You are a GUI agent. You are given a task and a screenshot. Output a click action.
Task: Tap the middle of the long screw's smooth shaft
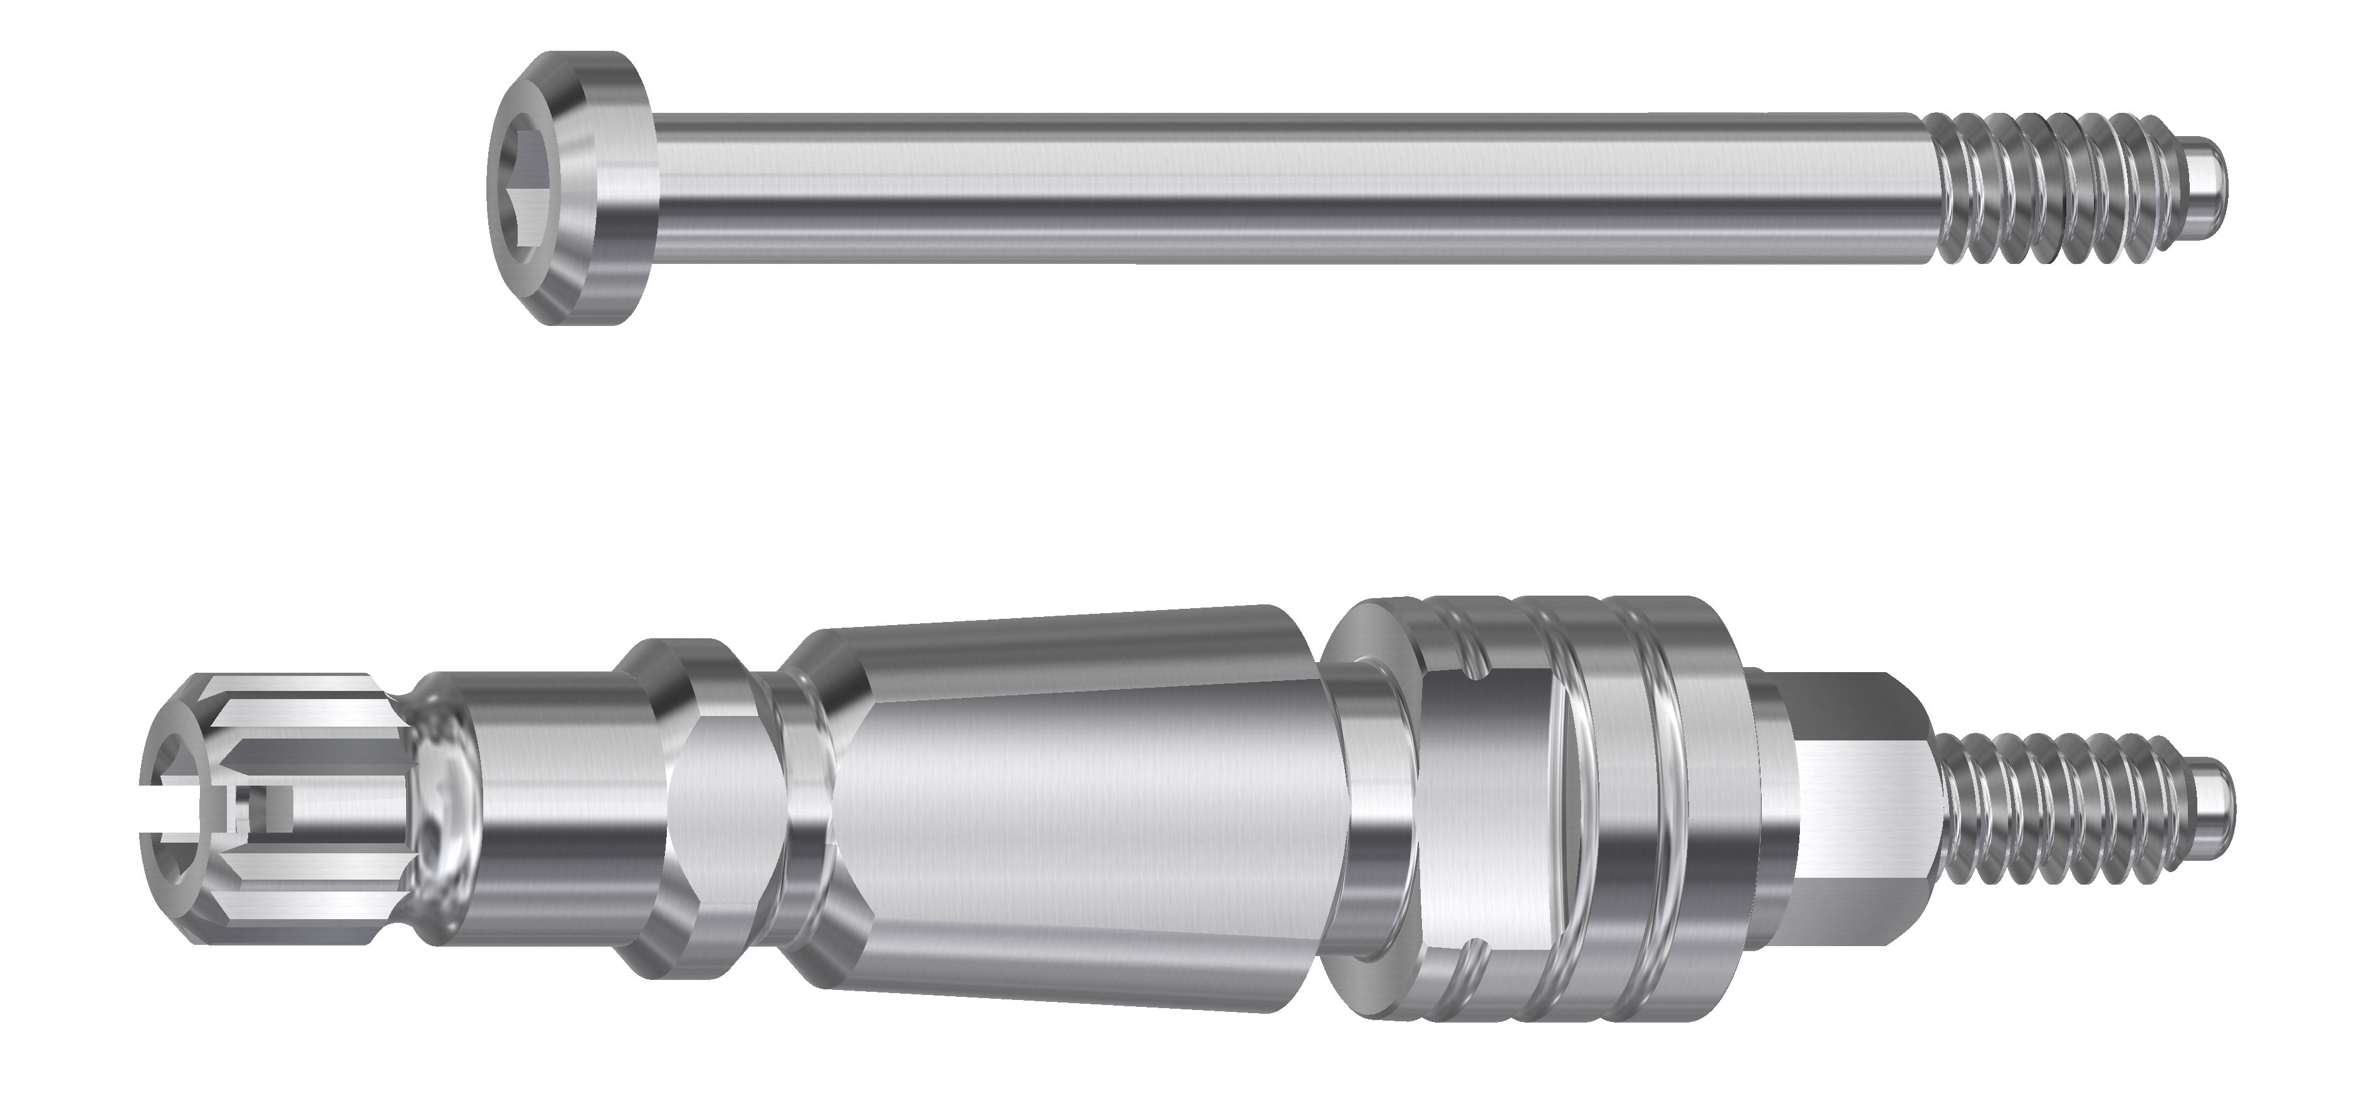tap(1279, 190)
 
